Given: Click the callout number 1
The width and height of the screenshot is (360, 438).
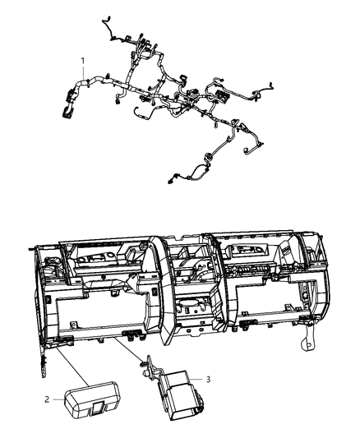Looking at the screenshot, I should coord(82,61).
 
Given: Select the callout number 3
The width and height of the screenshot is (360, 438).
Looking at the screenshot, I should coord(208,379).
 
